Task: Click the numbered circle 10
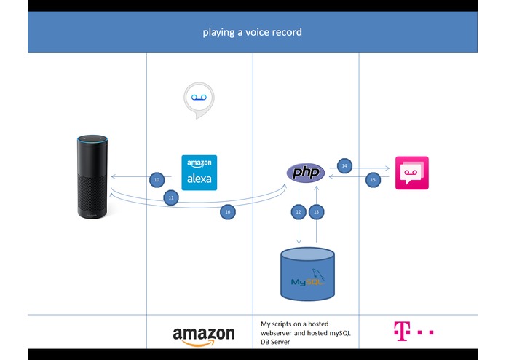[157, 179]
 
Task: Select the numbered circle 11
[171, 197]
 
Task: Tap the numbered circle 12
[299, 212]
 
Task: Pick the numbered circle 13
[316, 212]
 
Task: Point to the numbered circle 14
[344, 165]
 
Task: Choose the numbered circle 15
[373, 180]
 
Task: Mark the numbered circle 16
[227, 212]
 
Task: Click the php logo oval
[306, 173]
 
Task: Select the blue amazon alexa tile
[199, 173]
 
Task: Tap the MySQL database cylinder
[307, 274]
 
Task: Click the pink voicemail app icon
[412, 173]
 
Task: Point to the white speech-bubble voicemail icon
[199, 100]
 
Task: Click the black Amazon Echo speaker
[92, 176]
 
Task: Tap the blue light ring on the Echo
[92, 140]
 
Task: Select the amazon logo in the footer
[204, 337]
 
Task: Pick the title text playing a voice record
[253, 32]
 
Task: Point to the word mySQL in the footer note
[340, 333]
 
